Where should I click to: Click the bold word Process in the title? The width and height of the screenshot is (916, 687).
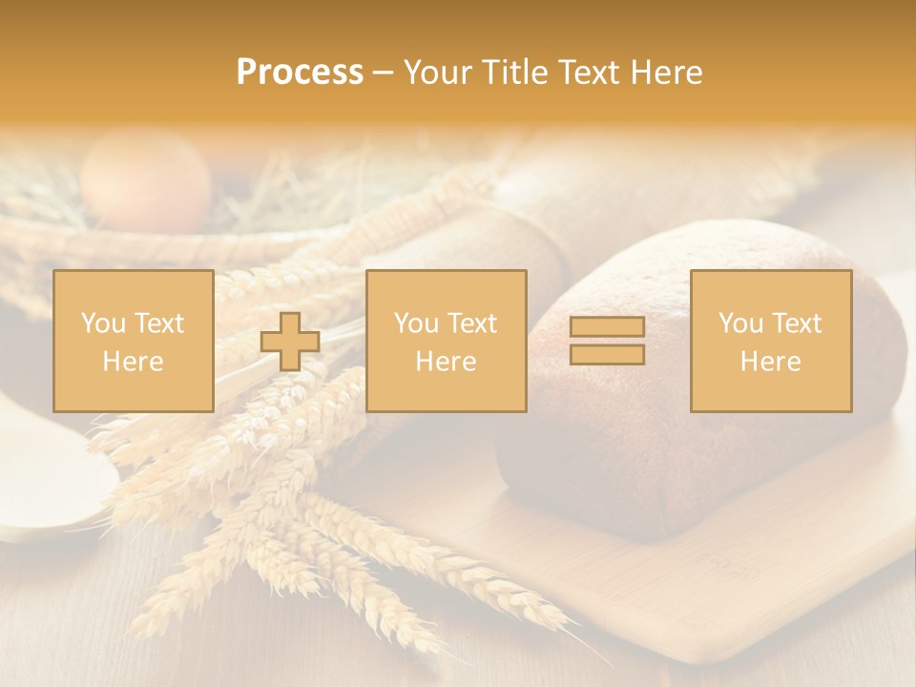(300, 73)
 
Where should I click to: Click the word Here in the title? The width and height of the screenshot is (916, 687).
(667, 73)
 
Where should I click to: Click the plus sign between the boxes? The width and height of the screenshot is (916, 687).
(290, 342)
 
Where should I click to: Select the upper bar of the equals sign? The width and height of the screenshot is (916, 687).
(607, 327)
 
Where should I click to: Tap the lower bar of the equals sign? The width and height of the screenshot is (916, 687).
(607, 355)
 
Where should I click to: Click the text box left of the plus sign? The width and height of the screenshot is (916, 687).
(133, 341)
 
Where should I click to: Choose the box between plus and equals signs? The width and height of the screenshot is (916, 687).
(446, 341)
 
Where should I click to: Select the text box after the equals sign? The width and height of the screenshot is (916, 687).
(771, 341)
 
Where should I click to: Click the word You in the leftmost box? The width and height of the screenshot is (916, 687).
(104, 323)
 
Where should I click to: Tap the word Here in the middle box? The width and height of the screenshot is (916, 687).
(446, 362)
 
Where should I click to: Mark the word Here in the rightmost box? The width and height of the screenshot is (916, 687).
(771, 362)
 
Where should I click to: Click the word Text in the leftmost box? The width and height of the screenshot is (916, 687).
(159, 323)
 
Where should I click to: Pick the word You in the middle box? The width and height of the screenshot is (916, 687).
(417, 323)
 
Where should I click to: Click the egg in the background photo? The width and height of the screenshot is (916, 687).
(145, 179)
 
